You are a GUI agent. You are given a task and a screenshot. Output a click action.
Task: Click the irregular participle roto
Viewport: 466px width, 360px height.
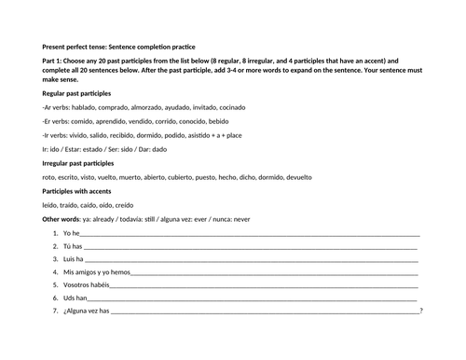pos(50,177)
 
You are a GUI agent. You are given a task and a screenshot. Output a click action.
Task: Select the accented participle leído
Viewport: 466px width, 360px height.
pos(51,204)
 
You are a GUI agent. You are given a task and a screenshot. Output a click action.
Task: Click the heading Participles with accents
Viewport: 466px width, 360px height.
pos(82,191)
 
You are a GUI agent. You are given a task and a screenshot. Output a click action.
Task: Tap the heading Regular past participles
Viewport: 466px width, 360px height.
pos(84,95)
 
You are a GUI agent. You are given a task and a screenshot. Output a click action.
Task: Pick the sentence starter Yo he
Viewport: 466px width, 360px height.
pos(72,232)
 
